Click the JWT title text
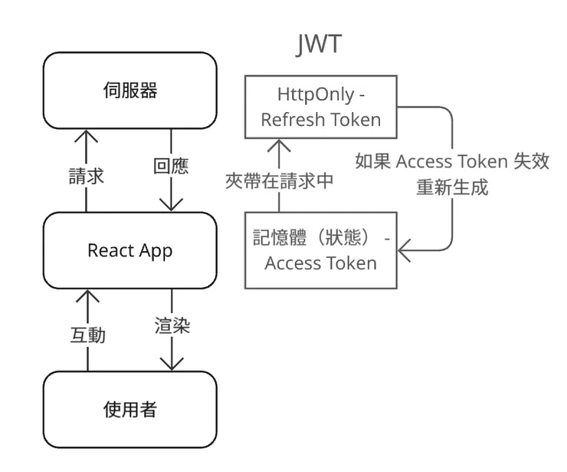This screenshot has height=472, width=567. coord(319,45)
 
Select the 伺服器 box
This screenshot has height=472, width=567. coord(129,91)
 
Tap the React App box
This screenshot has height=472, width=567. coord(129,250)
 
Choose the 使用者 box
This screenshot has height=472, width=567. coord(129,410)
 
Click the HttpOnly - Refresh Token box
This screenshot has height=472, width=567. coord(320,107)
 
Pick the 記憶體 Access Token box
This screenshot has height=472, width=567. coord(320,250)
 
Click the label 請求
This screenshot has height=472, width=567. coord(86,177)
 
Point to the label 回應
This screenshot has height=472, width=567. coord(170,167)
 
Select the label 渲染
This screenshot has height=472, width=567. coord(171,325)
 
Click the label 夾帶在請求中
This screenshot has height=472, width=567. coord(279,181)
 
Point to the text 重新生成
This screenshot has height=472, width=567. coord(452,187)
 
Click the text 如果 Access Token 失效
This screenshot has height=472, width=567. coord(452,162)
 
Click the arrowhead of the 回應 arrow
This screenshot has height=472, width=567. coord(171,205)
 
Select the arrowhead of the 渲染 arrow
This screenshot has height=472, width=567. coord(171,365)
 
